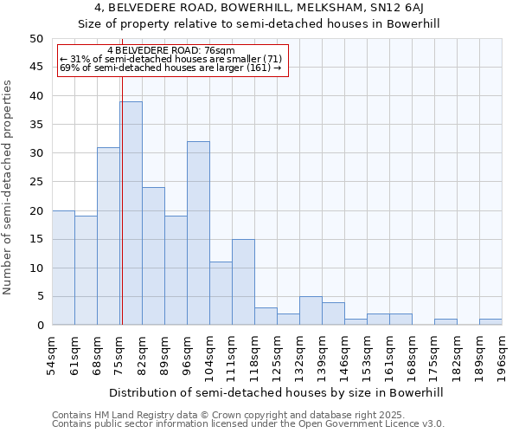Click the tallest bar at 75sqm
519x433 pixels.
(x=131, y=213)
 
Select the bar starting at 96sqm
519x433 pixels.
(x=198, y=233)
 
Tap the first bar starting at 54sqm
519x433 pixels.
(x=63, y=268)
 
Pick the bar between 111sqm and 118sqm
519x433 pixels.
(x=243, y=281)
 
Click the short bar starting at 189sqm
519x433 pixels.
(x=490, y=322)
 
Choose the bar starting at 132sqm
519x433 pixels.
(x=311, y=311)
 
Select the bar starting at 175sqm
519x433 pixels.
(x=445, y=322)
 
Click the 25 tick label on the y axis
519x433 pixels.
(x=35, y=182)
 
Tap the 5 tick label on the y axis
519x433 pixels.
(x=39, y=296)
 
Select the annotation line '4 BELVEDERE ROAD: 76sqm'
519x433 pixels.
(x=170, y=50)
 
